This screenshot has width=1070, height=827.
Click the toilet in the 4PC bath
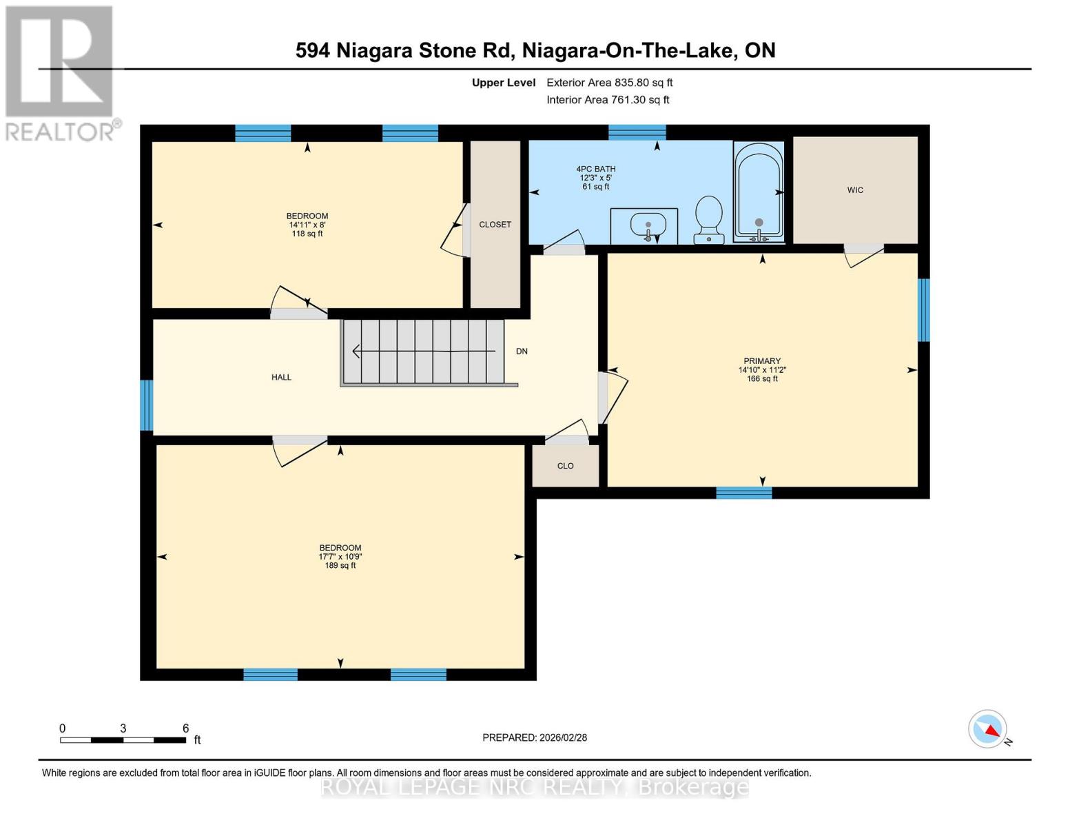click(709, 218)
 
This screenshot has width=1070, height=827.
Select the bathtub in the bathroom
click(759, 192)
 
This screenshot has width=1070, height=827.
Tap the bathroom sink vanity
click(644, 225)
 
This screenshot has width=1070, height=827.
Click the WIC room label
click(855, 190)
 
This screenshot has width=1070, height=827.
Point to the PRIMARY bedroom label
click(762, 361)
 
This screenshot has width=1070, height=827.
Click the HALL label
click(281, 378)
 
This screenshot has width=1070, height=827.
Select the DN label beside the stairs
click(522, 351)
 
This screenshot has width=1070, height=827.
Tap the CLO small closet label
click(565, 467)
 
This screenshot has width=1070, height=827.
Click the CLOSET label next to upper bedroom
click(495, 225)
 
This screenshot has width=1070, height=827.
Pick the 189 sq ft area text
click(340, 566)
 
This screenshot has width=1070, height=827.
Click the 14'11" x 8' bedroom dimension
click(307, 225)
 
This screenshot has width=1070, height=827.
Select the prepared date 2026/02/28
click(535, 737)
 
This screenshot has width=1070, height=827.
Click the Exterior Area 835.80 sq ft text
click(609, 83)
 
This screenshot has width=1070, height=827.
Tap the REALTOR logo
click(61, 72)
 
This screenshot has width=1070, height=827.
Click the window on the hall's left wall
click(146, 405)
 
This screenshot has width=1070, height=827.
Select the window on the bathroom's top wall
click(637, 132)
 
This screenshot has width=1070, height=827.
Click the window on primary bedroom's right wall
click(923, 310)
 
